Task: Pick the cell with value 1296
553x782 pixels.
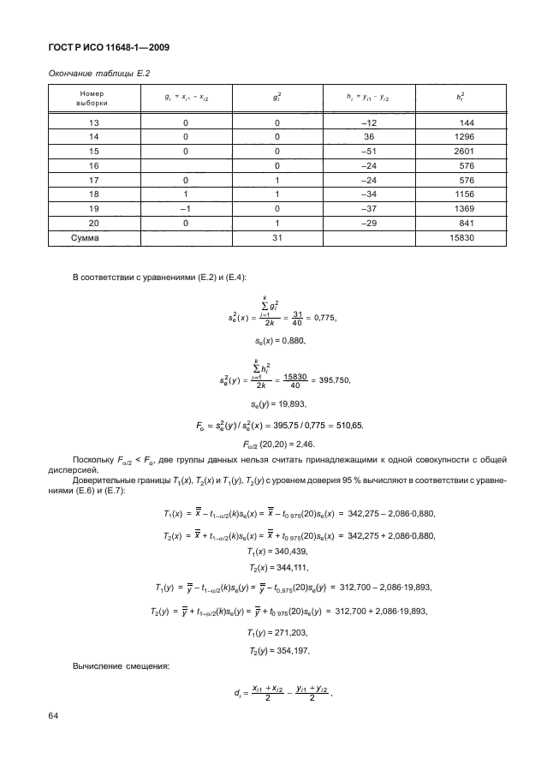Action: [463, 136]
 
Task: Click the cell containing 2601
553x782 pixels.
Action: [463, 151]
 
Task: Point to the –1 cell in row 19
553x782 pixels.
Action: [185, 209]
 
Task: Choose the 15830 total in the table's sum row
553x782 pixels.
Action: [460, 238]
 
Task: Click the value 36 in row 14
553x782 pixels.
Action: [370, 136]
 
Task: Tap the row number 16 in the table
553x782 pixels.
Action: [94, 165]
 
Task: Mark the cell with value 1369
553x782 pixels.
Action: [463, 209]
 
